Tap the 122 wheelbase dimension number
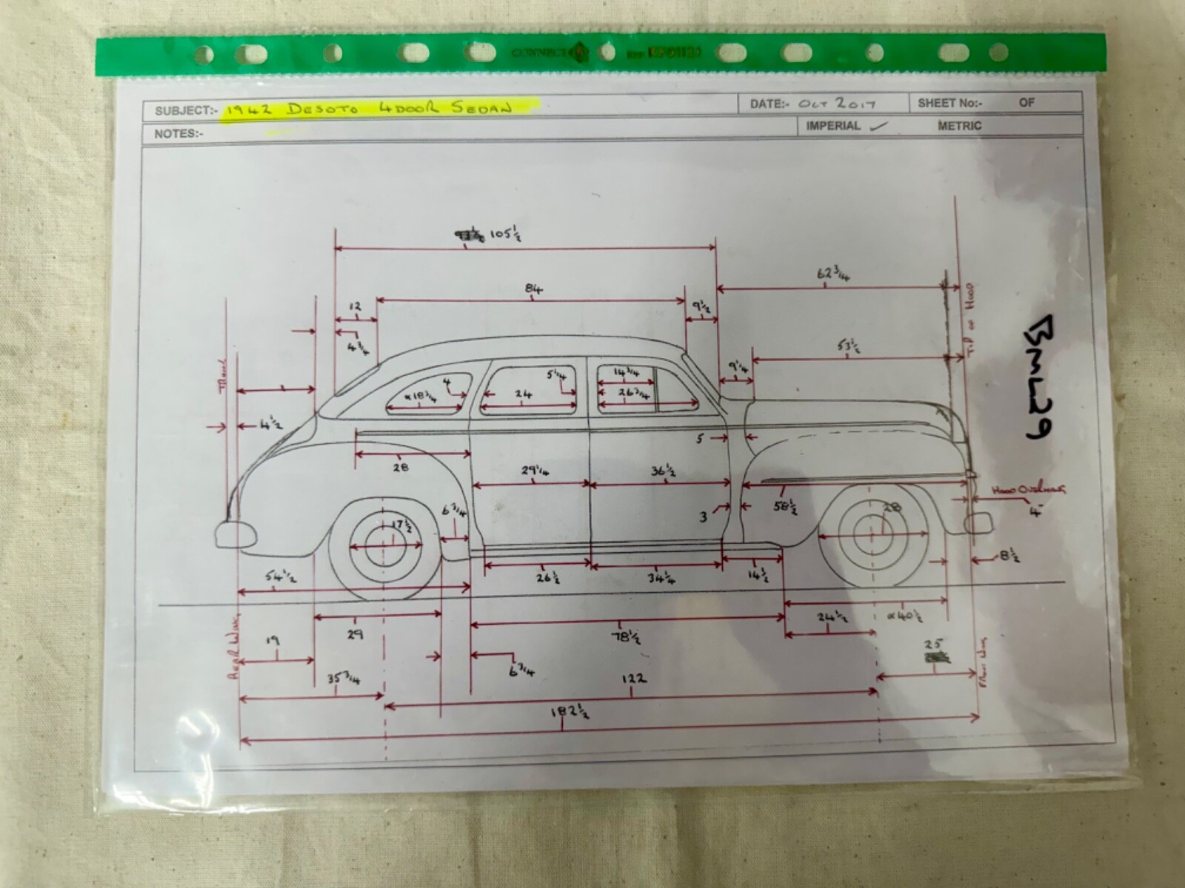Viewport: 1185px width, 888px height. pos(635,678)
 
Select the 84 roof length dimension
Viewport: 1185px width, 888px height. pos(534,289)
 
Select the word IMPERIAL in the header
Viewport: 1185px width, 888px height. pos(832,126)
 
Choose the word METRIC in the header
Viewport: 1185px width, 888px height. pos(959,126)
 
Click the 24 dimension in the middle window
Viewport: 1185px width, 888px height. pos(523,394)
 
